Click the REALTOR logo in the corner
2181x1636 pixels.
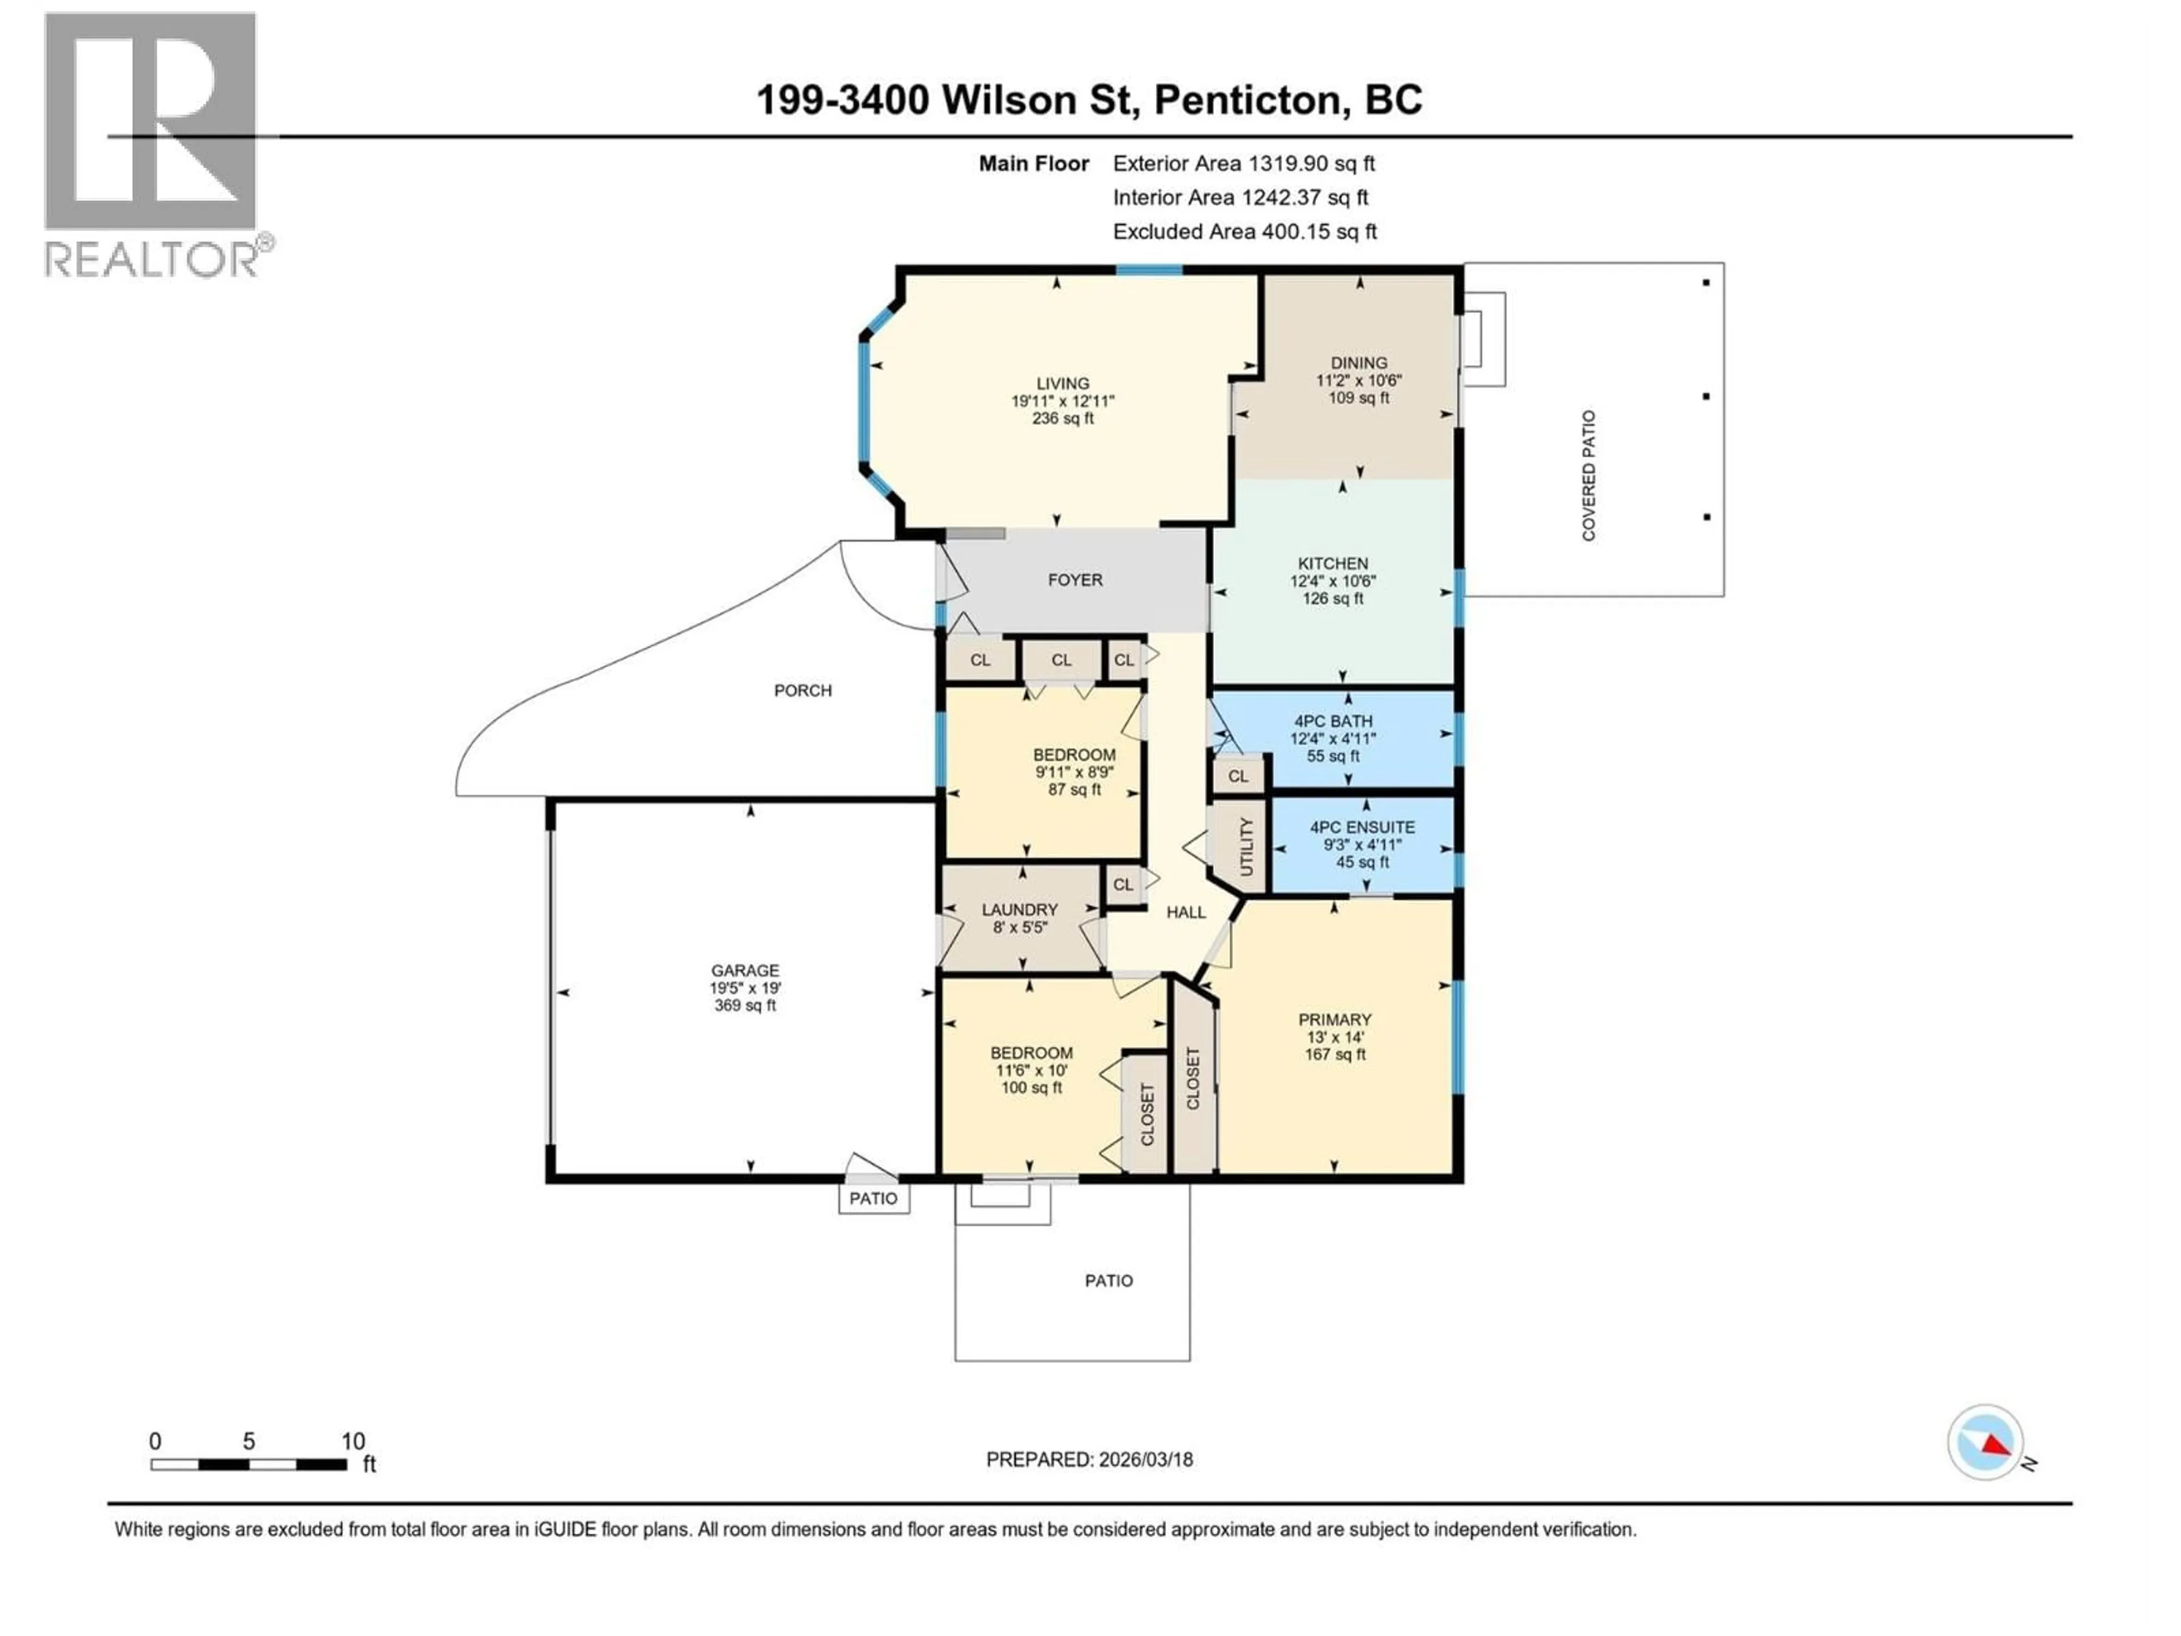[153, 143]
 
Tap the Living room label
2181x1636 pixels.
[1063, 383]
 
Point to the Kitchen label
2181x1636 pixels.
[1333, 563]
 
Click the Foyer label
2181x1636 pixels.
[1075, 580]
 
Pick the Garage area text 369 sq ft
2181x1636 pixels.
[745, 1006]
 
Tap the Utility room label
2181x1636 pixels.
[1246, 846]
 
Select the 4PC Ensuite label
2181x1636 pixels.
[1361, 827]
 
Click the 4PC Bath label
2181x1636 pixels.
[1333, 721]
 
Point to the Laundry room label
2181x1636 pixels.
[1020, 909]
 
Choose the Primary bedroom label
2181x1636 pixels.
[1334, 1020]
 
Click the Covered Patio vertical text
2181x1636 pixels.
[1589, 475]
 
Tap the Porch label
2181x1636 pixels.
[803, 690]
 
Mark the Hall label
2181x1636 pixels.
[1186, 912]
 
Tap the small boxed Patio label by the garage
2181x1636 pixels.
[874, 1198]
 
